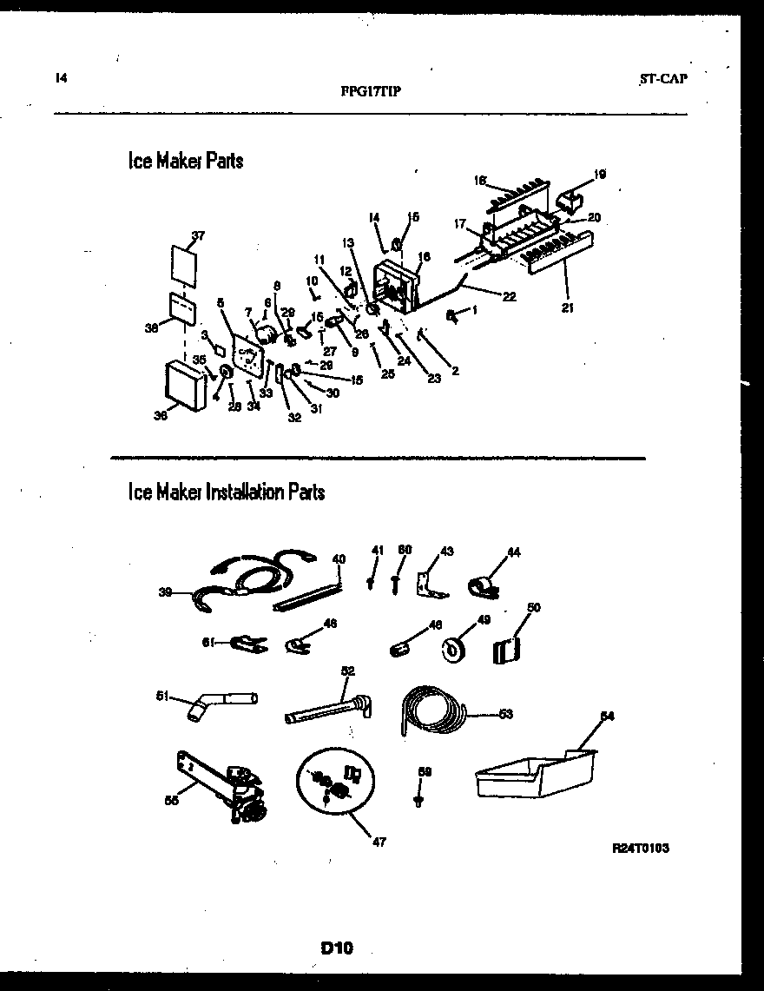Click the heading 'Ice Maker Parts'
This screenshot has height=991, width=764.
pyautogui.click(x=185, y=162)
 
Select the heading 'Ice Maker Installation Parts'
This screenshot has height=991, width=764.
pyautogui.click(x=226, y=492)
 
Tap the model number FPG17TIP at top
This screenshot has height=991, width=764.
pyautogui.click(x=371, y=89)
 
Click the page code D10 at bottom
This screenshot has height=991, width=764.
pyautogui.click(x=336, y=948)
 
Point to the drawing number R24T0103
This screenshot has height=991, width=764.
pyautogui.click(x=640, y=848)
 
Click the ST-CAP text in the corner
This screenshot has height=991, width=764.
pyautogui.click(x=663, y=78)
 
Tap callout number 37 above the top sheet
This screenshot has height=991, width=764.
pyautogui.click(x=199, y=235)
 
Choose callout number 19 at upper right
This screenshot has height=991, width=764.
pyautogui.click(x=600, y=175)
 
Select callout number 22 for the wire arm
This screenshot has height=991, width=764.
pyautogui.click(x=509, y=297)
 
